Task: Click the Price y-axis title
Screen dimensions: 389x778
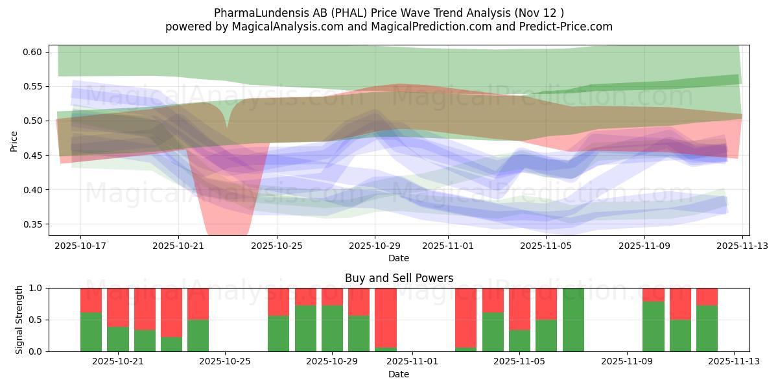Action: pos(14,140)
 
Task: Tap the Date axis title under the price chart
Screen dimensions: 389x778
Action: pos(398,258)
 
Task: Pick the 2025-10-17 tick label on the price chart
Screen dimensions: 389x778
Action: pos(80,246)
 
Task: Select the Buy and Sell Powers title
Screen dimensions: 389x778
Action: pos(398,278)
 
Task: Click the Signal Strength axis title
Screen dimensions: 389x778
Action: pos(19,319)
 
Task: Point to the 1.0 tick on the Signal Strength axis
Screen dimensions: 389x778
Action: pos(36,288)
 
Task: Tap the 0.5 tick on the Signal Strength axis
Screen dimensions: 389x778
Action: pos(36,320)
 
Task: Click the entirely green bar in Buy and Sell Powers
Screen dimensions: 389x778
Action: pos(573,320)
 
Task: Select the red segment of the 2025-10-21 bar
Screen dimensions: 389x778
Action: pos(118,307)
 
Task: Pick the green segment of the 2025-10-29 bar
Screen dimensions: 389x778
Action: pos(332,329)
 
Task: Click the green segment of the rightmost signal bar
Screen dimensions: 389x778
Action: pos(707,329)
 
